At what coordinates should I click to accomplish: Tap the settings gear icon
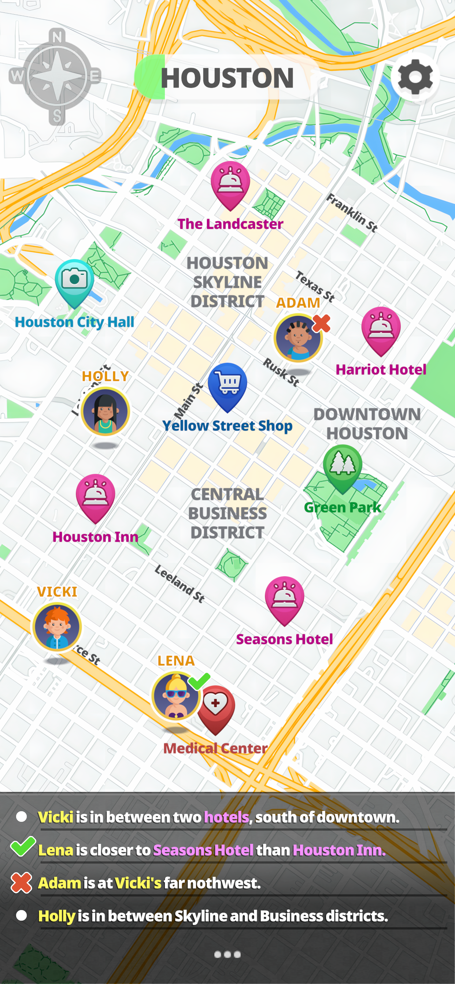[415, 77]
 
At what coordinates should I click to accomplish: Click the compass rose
[56, 77]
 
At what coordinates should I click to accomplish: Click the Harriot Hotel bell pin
[381, 329]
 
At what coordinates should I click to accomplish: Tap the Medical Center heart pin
[216, 707]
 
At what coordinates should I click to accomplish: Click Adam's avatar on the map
[298, 338]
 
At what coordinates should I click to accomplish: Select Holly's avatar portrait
[105, 411]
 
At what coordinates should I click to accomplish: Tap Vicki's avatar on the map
[57, 626]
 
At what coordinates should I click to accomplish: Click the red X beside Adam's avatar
[321, 324]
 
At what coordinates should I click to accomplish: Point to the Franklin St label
[351, 213]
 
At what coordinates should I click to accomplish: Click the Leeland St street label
[179, 584]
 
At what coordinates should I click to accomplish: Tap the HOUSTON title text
[227, 78]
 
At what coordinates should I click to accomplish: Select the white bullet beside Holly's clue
[22, 915]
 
